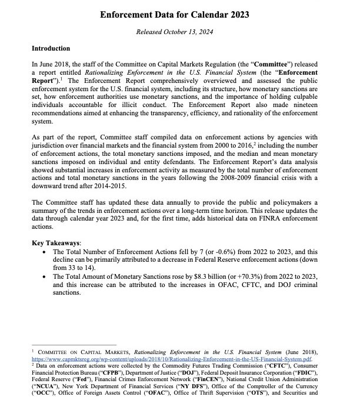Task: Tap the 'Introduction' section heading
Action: (x=51, y=48)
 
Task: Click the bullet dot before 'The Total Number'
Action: (x=46, y=251)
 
